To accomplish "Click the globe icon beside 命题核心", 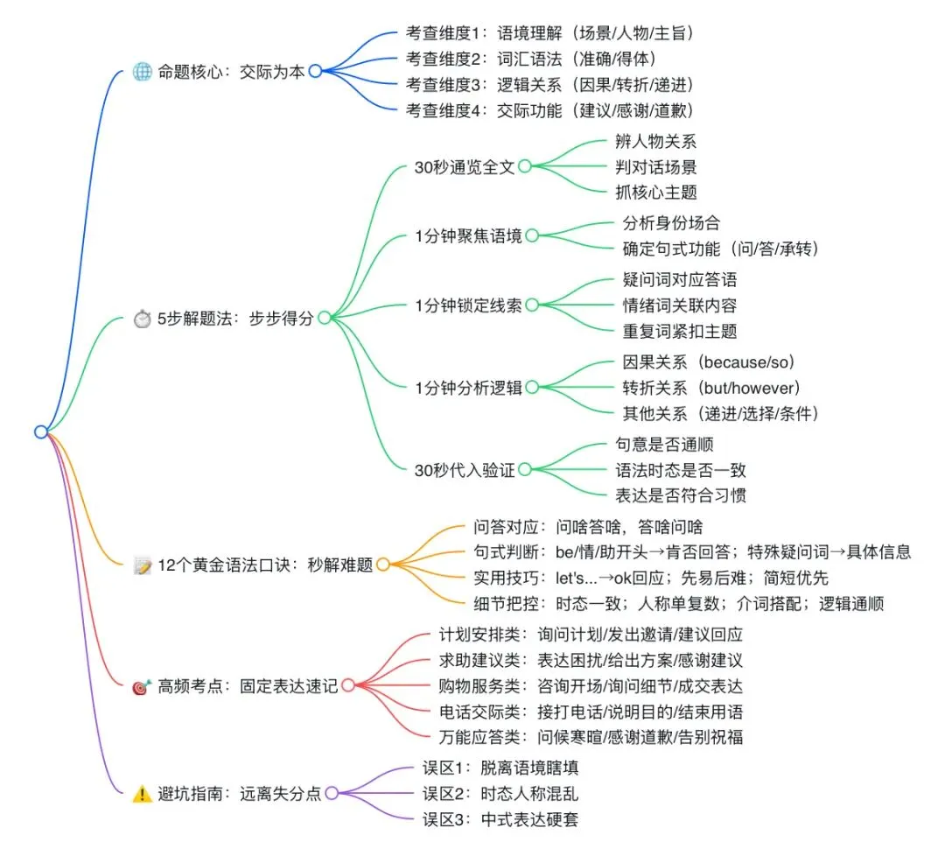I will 142,72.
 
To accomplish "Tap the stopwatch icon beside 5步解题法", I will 142,319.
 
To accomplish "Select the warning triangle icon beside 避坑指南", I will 142,794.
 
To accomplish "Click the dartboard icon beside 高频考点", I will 142,687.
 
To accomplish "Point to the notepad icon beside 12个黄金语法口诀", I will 142,565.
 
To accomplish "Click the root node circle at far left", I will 40,431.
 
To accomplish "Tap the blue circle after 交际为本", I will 315,72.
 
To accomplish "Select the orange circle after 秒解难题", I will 382,565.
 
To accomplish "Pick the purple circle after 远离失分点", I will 332,794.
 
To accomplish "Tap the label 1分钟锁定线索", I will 468,305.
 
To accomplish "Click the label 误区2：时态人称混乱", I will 500,794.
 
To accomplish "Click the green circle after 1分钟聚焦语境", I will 531,235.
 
